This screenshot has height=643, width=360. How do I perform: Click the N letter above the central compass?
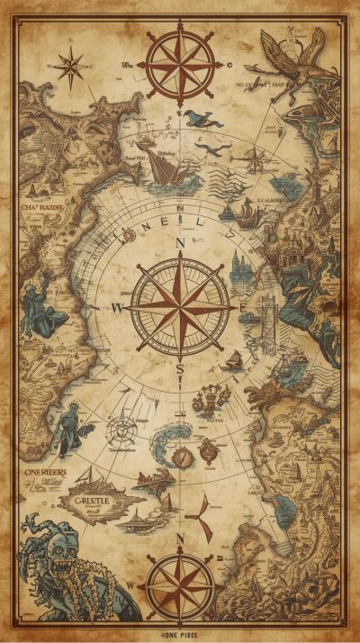point(180,243)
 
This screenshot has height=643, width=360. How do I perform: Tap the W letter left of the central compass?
point(116,307)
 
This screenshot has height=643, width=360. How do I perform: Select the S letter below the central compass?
point(180,369)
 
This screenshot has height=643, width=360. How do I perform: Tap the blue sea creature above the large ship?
point(203,118)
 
